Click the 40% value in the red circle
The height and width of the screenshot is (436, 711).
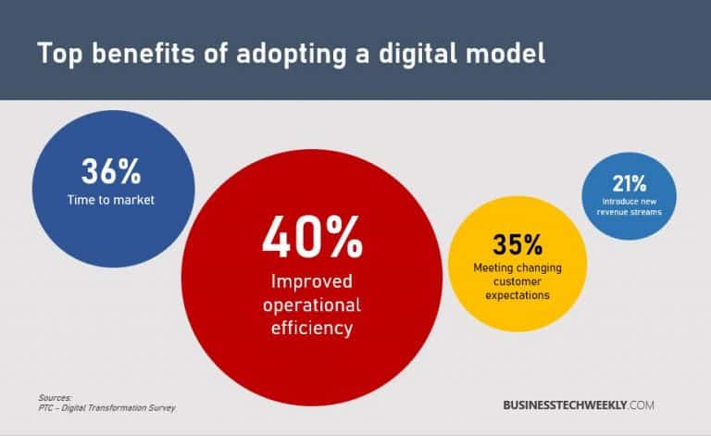311,238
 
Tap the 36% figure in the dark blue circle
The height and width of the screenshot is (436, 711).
110,172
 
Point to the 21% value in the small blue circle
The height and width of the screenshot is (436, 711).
629,183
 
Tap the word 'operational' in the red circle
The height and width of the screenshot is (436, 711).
311,305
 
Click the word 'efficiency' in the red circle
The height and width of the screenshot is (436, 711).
311,327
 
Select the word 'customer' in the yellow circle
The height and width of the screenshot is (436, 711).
517,281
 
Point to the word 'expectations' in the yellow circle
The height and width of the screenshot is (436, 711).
517,295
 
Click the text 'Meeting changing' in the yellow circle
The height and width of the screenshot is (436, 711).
517,268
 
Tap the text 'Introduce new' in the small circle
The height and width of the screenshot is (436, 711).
630,201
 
